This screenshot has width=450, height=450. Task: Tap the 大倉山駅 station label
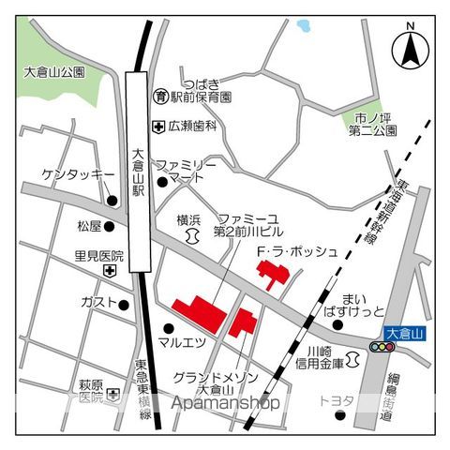[138, 172]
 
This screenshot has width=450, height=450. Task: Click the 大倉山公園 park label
[53, 72]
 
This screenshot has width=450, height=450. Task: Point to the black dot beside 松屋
[110, 226]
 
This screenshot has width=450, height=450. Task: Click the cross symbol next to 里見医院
[111, 271]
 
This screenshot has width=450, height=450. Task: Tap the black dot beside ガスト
[124, 303]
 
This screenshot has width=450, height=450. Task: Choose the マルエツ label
[182, 342]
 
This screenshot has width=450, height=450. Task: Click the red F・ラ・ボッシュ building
[274, 275]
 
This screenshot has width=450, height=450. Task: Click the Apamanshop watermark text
[225, 403]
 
